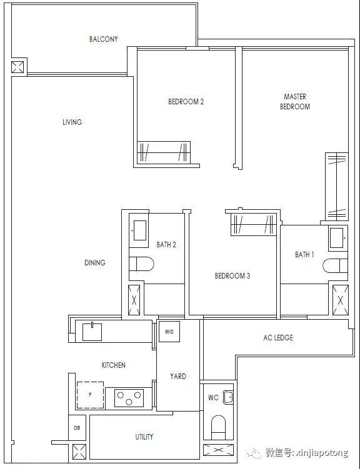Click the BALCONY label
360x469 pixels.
[x=104, y=39]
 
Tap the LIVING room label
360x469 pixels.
[x=72, y=122]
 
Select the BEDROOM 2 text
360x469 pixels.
[x=186, y=102]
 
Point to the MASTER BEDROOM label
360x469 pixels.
[x=295, y=101]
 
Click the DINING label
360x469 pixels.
[x=95, y=263]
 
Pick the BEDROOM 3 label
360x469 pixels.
[x=232, y=275]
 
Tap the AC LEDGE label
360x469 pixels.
[x=278, y=338]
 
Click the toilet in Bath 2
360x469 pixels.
[x=141, y=264]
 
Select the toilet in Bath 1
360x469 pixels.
[x=335, y=265]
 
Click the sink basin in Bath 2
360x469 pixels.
[x=140, y=230]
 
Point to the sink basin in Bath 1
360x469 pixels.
[x=337, y=238]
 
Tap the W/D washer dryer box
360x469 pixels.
[x=169, y=332]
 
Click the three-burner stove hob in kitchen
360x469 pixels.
[x=129, y=397]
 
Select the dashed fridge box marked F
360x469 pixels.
[x=91, y=395]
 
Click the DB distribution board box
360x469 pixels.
[x=77, y=428]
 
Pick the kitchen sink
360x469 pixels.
[x=92, y=332]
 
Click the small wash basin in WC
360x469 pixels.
[x=228, y=398]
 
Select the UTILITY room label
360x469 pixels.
[x=144, y=437]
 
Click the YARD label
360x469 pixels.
[x=178, y=377]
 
